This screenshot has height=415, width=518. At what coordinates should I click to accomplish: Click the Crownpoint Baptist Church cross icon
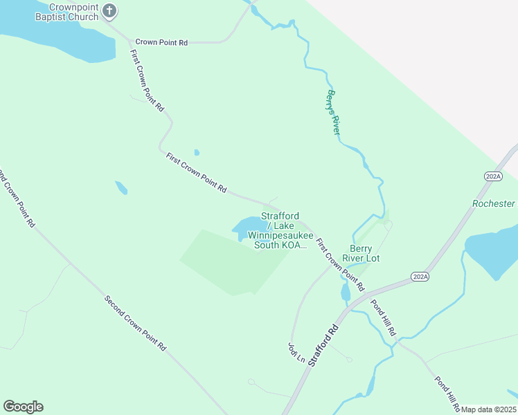110,10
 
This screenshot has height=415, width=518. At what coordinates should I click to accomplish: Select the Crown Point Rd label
161,42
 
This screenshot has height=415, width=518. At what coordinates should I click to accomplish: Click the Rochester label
494,203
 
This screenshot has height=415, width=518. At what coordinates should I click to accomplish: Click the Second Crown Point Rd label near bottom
136,322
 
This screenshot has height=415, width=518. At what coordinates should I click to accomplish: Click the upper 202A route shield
493,177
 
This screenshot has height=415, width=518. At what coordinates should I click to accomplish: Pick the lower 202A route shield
420,276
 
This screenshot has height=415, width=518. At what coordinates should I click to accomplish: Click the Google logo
23,407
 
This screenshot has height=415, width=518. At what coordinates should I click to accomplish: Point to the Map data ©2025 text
488,409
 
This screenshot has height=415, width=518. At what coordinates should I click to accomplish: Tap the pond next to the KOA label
247,227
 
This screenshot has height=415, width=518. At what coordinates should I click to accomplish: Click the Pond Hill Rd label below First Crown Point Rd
382,318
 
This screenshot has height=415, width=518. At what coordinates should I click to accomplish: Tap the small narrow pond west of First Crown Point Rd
121,187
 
